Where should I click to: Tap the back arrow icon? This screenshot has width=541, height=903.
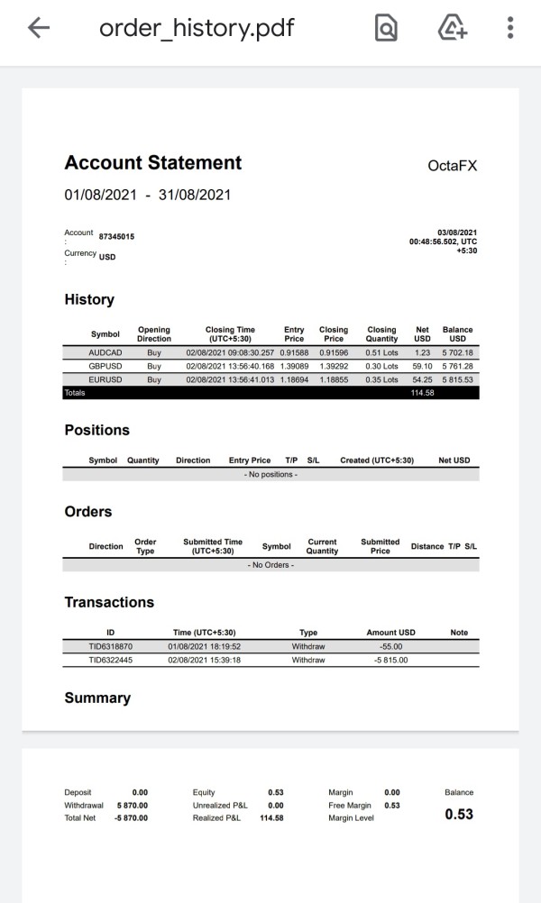pyautogui.click(x=39, y=29)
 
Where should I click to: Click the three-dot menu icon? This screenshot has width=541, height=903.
pyautogui.click(x=510, y=29)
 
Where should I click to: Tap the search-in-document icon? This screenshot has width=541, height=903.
pyautogui.click(x=386, y=29)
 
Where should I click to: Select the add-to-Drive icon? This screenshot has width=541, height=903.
pyautogui.click(x=452, y=29)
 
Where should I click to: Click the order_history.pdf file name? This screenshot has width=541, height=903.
pyautogui.click(x=197, y=29)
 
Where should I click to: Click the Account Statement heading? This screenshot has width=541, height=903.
pyautogui.click(x=153, y=163)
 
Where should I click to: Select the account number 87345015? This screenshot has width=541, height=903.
pyautogui.click(x=117, y=236)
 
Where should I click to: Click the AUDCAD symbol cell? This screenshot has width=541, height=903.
pyautogui.click(x=105, y=353)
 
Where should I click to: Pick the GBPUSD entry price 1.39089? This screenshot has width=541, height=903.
pyautogui.click(x=294, y=367)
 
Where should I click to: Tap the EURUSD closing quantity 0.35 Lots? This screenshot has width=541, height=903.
pyautogui.click(x=381, y=380)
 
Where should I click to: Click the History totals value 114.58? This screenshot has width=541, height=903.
pyautogui.click(x=422, y=393)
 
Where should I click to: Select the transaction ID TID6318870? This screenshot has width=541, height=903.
pyautogui.click(x=110, y=647)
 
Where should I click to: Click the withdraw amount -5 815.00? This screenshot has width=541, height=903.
pyautogui.click(x=390, y=660)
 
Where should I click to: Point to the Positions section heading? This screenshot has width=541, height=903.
pyautogui.click(x=97, y=430)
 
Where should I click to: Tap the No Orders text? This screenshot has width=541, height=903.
pyautogui.click(x=271, y=564)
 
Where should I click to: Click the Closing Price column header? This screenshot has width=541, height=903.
pyautogui.click(x=334, y=334)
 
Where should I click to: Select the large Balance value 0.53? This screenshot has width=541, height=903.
pyautogui.click(x=459, y=814)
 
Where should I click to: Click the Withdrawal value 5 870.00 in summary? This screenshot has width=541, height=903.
pyautogui.click(x=132, y=805)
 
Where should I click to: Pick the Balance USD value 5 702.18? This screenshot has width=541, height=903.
pyautogui.click(x=457, y=353)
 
